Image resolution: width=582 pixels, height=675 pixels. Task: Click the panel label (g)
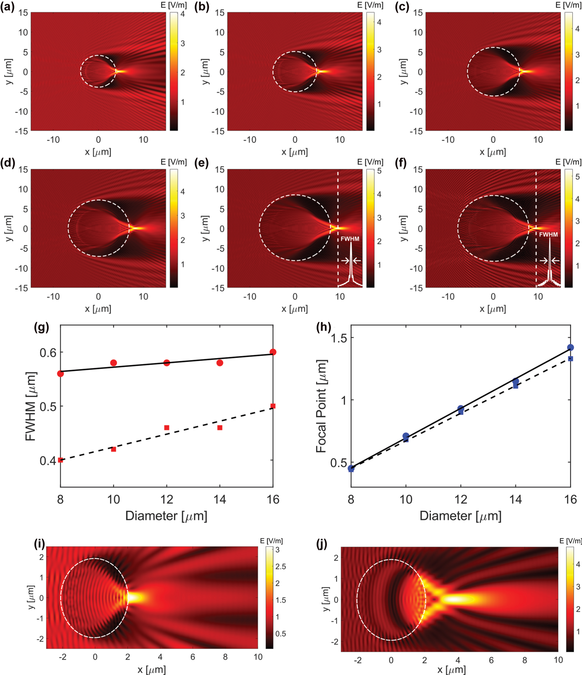(41, 327)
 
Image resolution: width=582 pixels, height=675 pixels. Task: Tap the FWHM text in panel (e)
(350, 239)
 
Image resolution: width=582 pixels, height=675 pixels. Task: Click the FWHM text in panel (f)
(548, 235)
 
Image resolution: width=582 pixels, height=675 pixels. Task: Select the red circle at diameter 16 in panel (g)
(273, 352)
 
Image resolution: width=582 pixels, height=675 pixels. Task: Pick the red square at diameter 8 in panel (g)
(60, 460)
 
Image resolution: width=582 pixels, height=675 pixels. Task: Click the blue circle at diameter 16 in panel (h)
(570, 348)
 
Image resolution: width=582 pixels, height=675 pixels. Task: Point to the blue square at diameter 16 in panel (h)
(570, 359)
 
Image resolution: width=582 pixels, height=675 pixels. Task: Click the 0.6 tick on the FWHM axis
(48, 352)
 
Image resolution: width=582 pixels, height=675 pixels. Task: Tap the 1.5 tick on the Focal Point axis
(339, 338)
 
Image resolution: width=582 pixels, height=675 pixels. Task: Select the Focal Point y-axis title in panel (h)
(321, 406)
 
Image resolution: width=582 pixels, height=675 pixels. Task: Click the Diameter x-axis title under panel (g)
(166, 516)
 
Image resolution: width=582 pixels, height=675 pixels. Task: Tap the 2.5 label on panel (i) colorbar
(281, 566)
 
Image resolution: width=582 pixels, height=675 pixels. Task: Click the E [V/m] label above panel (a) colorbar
(173, 5)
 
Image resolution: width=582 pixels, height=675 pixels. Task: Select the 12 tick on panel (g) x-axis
(166, 499)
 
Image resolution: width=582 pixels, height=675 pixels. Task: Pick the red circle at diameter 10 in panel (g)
(113, 363)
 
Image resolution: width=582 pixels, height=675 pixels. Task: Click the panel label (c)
(402, 6)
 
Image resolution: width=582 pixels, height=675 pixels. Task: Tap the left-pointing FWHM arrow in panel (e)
(357, 260)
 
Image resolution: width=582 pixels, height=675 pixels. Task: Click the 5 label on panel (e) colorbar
(379, 171)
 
